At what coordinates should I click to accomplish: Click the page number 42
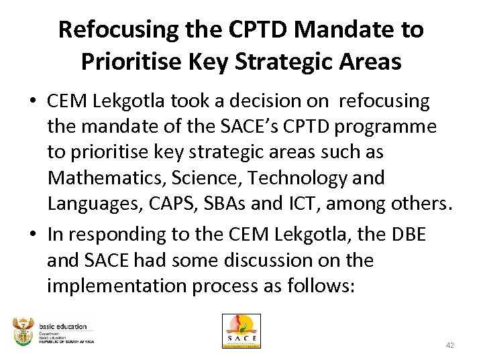(450, 345)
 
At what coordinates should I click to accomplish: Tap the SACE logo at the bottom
(241, 331)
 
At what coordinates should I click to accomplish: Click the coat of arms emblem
(23, 331)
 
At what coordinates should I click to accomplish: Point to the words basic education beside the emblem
(62, 326)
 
